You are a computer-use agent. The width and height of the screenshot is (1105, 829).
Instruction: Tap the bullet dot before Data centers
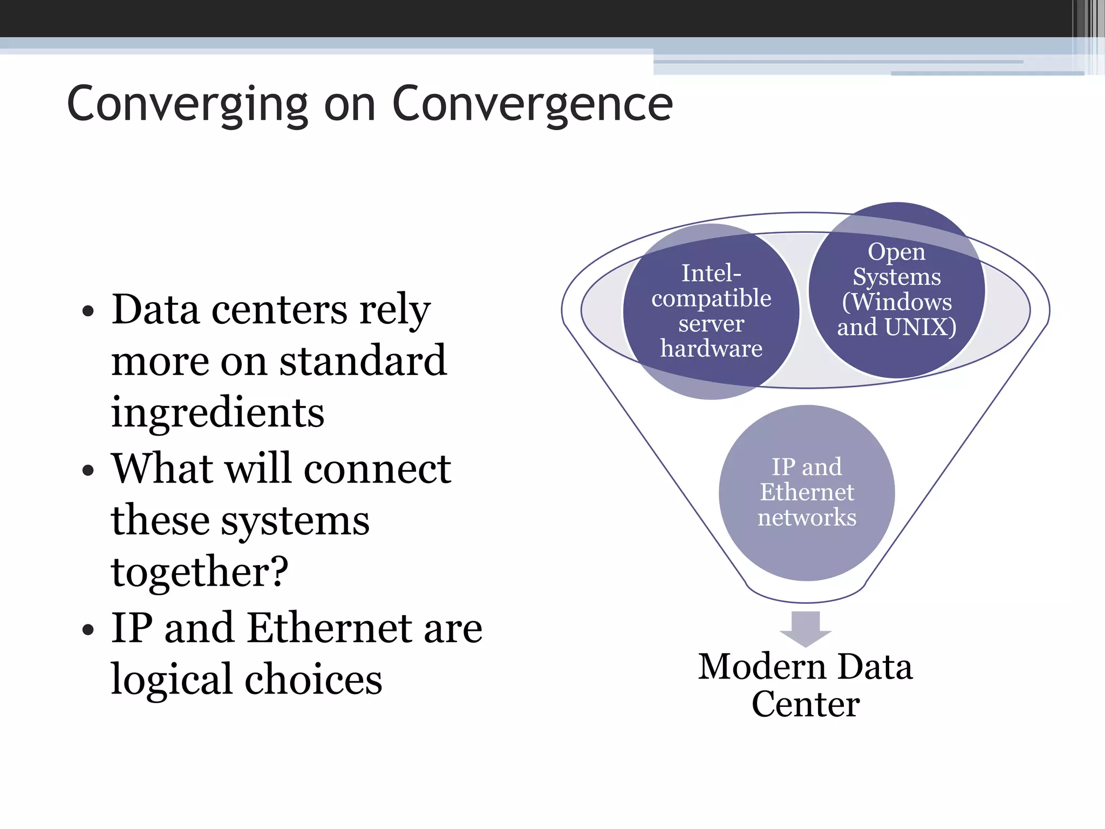click(x=88, y=311)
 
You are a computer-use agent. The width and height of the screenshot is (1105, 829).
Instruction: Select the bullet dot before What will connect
click(x=88, y=470)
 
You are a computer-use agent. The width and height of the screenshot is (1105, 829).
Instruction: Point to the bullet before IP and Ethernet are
click(x=88, y=629)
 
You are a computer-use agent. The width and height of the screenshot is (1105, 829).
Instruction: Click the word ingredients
click(x=217, y=413)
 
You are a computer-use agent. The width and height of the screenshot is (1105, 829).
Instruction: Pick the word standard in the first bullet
click(x=363, y=361)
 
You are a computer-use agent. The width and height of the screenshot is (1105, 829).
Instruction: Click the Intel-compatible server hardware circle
click(x=711, y=311)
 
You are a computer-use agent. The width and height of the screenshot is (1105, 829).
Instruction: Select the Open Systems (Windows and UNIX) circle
click(x=897, y=290)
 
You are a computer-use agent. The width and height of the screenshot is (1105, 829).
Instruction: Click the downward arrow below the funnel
click(x=806, y=628)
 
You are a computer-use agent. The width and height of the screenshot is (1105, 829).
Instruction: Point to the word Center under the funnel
click(x=806, y=704)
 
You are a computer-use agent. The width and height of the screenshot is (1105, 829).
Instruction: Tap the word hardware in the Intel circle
click(x=711, y=349)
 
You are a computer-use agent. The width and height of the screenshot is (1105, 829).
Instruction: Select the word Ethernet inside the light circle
click(x=807, y=492)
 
